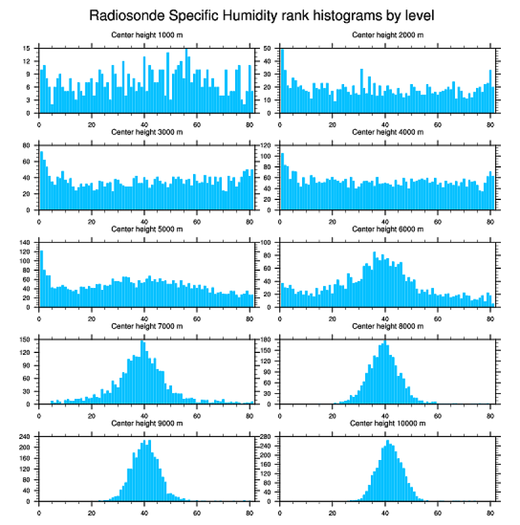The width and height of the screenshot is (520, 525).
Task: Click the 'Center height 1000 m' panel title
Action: pyautogui.click(x=147, y=35)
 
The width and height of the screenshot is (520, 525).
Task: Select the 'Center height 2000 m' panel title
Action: pyautogui.click(x=387, y=35)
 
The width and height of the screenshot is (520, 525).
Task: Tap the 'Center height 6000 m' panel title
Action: pyautogui.click(x=387, y=229)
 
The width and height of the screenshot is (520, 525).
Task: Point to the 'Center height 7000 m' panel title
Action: pyautogui.click(x=147, y=326)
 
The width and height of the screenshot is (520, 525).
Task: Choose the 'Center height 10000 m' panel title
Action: pyautogui.click(x=387, y=424)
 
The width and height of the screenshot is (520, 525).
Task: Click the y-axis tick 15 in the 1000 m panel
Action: pyautogui.click(x=27, y=48)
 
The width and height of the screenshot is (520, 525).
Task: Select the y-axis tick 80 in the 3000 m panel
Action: pyautogui.click(x=27, y=145)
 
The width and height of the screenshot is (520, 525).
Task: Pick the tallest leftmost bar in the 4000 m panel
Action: pyautogui.click(x=282, y=181)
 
